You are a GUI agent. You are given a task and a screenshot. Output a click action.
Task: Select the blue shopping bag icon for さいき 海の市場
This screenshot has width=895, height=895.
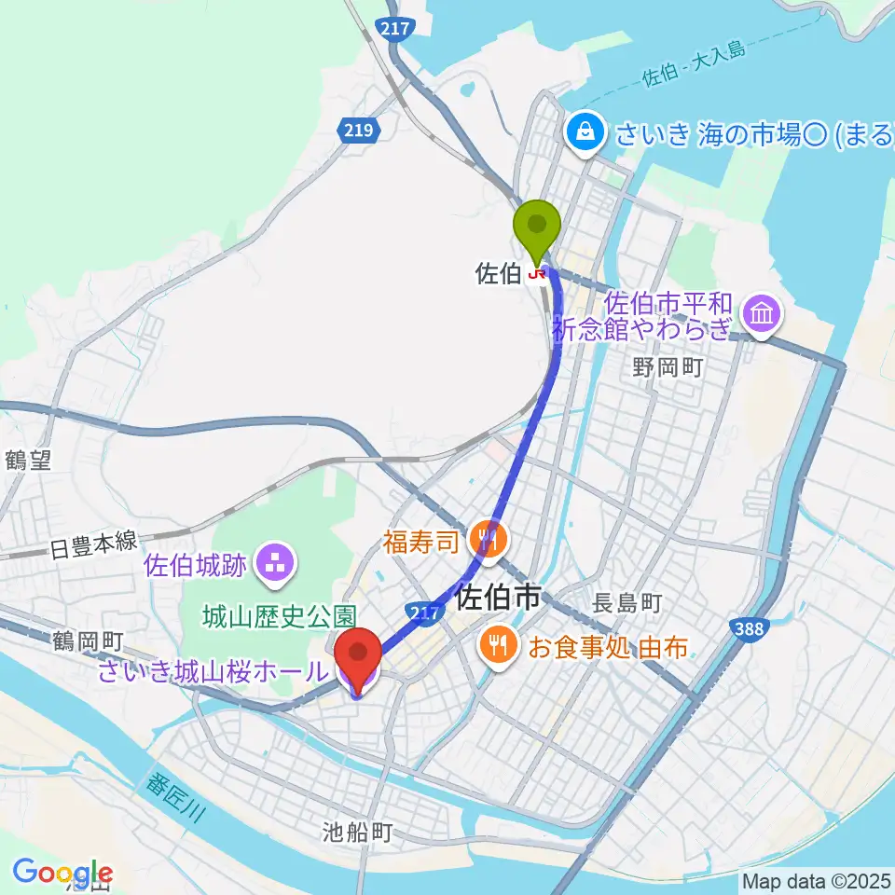click(x=585, y=133)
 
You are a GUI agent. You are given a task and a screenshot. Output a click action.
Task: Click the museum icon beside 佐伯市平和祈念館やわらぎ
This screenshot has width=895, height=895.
click(x=763, y=314)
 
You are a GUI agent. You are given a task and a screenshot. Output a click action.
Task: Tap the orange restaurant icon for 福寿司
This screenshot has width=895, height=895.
click(x=488, y=538)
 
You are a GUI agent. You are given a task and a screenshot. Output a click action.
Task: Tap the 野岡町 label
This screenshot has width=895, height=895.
click(x=667, y=366)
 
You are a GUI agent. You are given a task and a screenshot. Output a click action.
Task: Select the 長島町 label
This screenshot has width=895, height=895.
click(x=626, y=604)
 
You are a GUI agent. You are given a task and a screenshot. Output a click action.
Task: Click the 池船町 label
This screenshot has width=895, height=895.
click(x=359, y=832)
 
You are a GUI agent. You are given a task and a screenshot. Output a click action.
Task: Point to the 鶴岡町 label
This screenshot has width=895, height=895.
click(x=89, y=641)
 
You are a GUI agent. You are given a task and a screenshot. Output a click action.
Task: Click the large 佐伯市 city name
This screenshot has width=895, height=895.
click(x=500, y=598)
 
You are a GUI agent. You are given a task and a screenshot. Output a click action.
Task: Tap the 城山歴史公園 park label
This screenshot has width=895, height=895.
click(x=281, y=617)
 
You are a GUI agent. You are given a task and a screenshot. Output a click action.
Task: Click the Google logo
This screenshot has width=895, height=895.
click(x=62, y=872)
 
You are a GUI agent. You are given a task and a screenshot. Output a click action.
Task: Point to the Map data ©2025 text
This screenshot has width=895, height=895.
click(x=814, y=879)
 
